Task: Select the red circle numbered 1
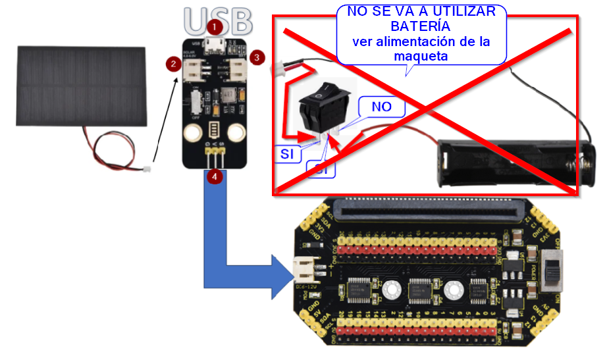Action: [215, 27]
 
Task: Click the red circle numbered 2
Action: [173, 63]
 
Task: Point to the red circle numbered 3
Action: [258, 57]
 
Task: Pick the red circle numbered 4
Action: [214, 176]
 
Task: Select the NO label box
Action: [382, 106]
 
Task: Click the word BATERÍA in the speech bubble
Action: [421, 27]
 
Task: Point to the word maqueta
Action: [421, 56]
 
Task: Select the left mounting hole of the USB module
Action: [192, 134]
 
